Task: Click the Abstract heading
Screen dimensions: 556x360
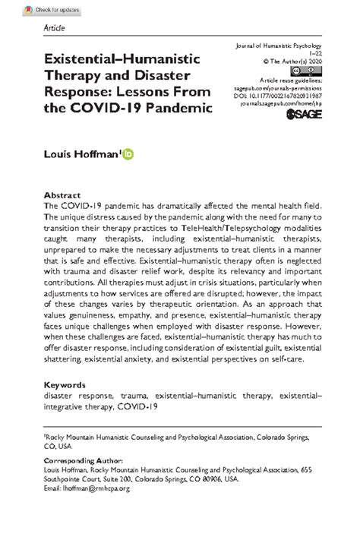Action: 62,194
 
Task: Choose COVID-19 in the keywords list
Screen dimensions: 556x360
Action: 137,406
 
